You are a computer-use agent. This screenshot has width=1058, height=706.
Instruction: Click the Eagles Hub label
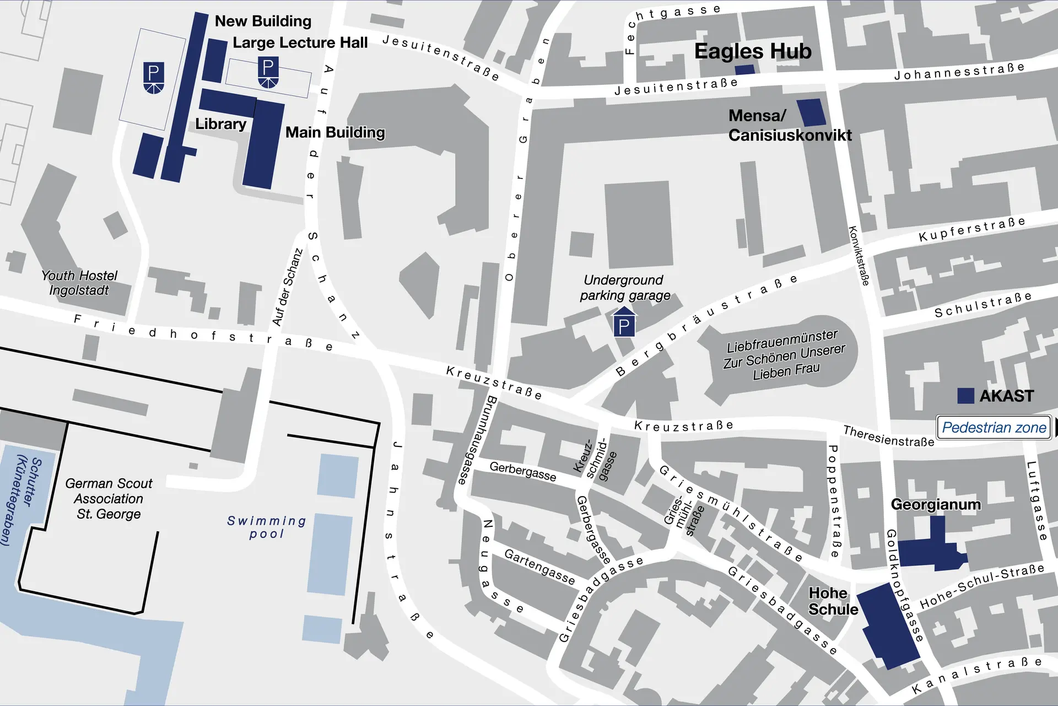pyautogui.click(x=753, y=51)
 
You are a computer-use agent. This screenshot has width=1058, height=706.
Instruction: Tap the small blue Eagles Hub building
pyautogui.click(x=744, y=69)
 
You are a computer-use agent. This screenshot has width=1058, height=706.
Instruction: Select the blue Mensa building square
pyautogui.click(x=812, y=112)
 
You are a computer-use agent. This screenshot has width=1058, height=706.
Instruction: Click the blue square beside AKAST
pyautogui.click(x=965, y=396)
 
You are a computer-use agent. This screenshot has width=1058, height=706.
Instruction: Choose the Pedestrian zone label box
pyautogui.click(x=994, y=427)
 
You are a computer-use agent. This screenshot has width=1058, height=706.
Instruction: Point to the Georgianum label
pyautogui.click(x=936, y=504)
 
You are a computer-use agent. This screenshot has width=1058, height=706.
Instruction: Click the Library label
pyautogui.click(x=220, y=124)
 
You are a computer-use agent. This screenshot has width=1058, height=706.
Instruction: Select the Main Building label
pyautogui.click(x=335, y=132)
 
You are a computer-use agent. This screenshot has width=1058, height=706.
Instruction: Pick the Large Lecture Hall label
pyautogui.click(x=300, y=43)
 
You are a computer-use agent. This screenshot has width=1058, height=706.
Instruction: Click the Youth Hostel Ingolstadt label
pyautogui.click(x=79, y=283)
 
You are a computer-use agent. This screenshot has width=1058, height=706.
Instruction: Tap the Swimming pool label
pyautogui.click(x=267, y=527)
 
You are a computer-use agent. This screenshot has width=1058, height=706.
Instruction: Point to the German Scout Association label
pyautogui.click(x=109, y=499)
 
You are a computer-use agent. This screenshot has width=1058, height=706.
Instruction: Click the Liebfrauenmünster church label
pyautogui.click(x=785, y=354)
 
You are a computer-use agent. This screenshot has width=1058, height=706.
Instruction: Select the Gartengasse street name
pyautogui.click(x=539, y=567)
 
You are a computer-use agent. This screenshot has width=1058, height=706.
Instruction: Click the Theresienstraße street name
pyautogui.click(x=889, y=435)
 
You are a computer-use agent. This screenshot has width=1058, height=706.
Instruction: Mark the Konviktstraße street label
pyautogui.click(x=859, y=256)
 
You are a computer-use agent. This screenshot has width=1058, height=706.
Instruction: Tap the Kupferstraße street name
pyautogui.click(x=972, y=229)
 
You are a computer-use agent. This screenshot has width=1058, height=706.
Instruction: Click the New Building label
pyautogui.click(x=263, y=21)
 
